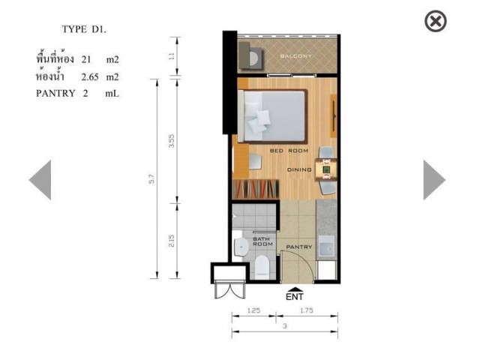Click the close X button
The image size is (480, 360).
tap(435, 21)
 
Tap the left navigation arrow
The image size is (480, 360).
tap(40, 180)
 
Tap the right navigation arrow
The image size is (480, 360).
tap(434, 180)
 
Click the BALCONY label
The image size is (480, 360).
tap(296, 56)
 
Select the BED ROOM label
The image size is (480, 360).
tap(289, 151)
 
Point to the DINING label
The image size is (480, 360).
tap(299, 169)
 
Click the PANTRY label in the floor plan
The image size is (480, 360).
tap(299, 247)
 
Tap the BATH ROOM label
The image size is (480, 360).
tap(262, 241)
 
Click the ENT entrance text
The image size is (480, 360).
tap(295, 297)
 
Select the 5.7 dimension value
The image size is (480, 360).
tap(151, 178)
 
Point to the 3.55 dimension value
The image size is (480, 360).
tap(172, 141)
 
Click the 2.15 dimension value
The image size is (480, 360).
tap(172, 241)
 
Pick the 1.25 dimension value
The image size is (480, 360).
tap(253, 310)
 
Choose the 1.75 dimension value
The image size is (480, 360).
tap(307, 310)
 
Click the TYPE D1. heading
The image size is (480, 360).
tap(84, 29)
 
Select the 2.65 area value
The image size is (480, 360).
tap(90, 76)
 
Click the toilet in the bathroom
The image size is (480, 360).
tap(262, 267)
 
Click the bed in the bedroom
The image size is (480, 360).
tap(272, 116)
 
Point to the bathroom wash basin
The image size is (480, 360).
tap(240, 247)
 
